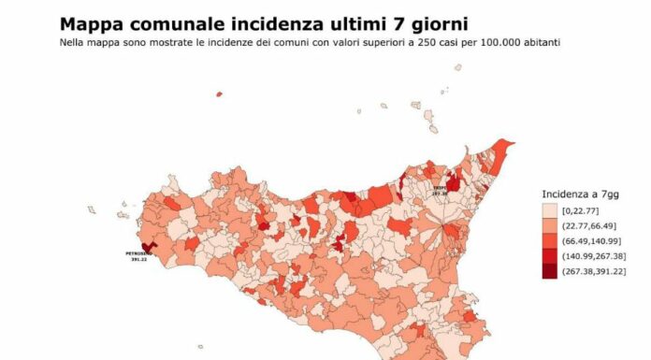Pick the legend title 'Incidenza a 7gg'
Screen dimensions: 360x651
578,194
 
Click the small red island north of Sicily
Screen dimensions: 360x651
219,94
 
